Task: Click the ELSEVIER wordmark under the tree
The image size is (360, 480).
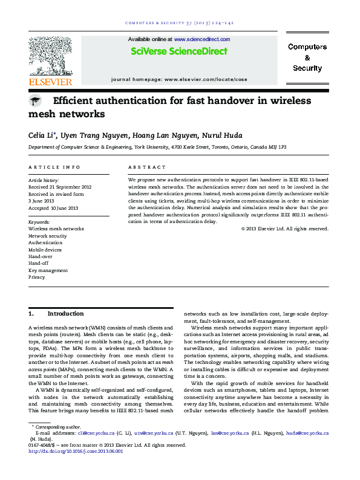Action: click(x=51, y=82)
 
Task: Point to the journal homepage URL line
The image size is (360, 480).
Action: click(x=179, y=79)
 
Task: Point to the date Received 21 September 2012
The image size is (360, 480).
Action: click(x=60, y=187)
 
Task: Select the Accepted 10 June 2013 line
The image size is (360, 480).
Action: click(x=53, y=208)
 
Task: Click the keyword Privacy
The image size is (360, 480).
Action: click(x=36, y=277)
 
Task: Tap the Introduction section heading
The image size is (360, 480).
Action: click(x=65, y=314)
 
